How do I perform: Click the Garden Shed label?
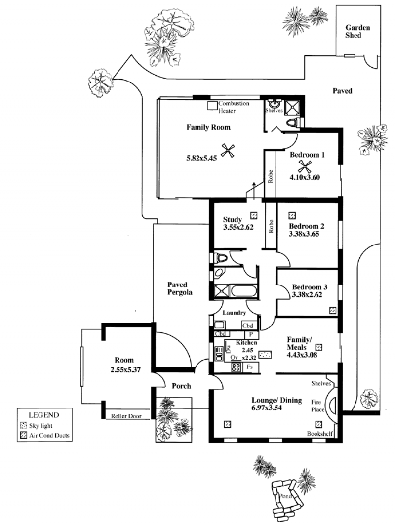357,31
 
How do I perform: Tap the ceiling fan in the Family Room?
228,151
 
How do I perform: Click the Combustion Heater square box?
212,106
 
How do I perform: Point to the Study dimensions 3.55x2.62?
238,227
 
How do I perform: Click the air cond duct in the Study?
254,215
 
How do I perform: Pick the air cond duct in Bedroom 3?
333,310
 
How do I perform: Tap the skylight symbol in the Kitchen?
265,355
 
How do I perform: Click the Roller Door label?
126,416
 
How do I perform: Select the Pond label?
285,496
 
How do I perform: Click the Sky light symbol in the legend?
23,426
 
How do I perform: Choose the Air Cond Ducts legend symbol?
23,435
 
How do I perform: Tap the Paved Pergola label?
180,288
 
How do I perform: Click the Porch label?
181,386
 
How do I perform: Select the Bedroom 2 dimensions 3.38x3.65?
304,234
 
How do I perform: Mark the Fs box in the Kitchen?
250,367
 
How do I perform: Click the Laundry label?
234,313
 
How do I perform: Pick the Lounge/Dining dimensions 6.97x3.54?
267,408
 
